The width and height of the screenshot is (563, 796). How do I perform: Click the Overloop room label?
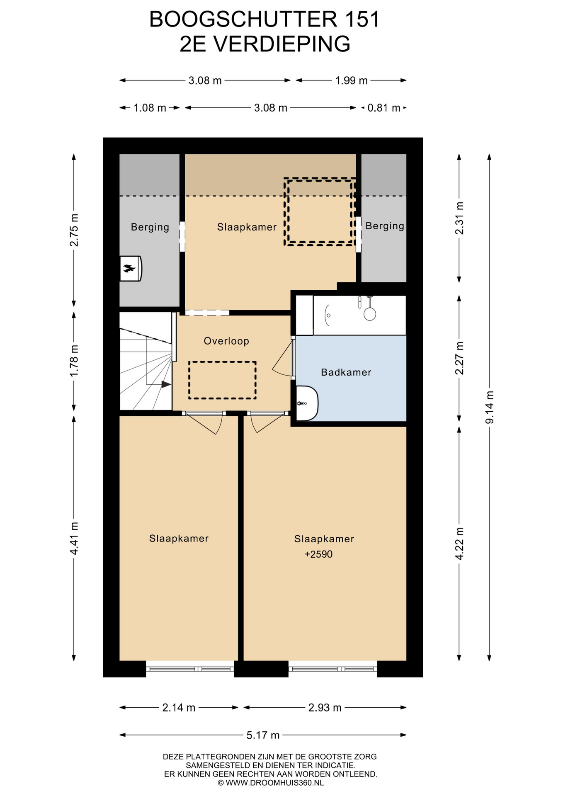[226, 341]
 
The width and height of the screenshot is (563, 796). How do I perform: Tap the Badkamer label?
[346, 372]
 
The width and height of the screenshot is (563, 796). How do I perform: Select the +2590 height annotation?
[318, 554]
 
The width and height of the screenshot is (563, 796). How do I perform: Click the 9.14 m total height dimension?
[490, 407]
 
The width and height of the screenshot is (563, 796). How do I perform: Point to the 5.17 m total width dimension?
[263, 735]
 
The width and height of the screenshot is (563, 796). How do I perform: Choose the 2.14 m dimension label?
[179, 708]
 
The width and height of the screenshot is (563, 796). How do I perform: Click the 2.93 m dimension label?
[325, 708]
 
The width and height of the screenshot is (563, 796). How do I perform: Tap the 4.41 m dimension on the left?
[74, 538]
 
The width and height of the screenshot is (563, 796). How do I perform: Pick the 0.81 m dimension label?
[384, 108]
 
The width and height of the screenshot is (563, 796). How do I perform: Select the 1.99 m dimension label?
[351, 80]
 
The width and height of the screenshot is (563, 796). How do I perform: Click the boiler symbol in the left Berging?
[131, 269]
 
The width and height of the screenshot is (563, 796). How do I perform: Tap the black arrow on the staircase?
[166, 384]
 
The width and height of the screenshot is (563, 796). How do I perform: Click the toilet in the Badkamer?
[307, 403]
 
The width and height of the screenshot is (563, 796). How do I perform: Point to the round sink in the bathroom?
[370, 313]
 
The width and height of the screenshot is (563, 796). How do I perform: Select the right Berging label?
[385, 226]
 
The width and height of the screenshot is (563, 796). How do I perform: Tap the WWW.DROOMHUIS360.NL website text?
[274, 783]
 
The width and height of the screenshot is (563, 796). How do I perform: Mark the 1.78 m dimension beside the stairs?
[74, 361]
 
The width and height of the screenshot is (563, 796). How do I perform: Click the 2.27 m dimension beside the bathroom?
[459, 358]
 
